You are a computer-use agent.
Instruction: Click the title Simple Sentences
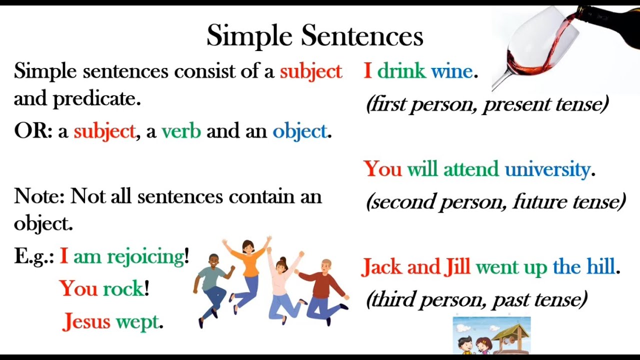(x=314, y=36)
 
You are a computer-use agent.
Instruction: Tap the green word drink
(x=401, y=71)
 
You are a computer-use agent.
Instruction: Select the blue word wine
(x=451, y=71)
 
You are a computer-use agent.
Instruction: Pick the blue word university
(x=547, y=169)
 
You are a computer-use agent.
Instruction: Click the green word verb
(x=181, y=131)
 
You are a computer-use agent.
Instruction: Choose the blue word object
(x=299, y=131)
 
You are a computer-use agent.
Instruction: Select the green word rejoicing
(x=145, y=256)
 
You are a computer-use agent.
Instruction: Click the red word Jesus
(x=86, y=321)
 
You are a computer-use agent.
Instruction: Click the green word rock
(x=123, y=288)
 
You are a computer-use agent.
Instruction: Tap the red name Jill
(x=457, y=267)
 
